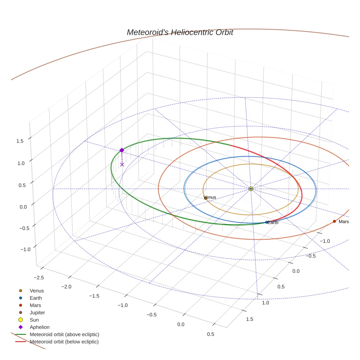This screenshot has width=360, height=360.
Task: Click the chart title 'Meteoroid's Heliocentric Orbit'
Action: pos(180,32)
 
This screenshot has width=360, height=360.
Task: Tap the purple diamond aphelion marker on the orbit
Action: pos(122,150)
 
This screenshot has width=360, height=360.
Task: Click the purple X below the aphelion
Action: pos(122,165)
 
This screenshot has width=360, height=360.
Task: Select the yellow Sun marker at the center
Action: pos(251,189)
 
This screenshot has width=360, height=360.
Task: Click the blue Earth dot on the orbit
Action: pos(266,222)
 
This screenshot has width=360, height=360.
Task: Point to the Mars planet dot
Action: pos(334,221)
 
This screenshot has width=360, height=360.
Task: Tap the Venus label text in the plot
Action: pos(210,197)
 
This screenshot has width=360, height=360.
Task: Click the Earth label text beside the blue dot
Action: pos(273,222)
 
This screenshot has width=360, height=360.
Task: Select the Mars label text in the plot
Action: pos(344,222)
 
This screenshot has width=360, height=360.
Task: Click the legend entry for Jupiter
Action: pos(37,313)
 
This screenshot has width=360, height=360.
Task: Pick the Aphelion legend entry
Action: pos(40,327)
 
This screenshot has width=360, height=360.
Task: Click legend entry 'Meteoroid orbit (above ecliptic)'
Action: pos(64,334)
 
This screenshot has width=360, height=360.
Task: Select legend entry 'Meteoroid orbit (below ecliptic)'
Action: pos(64,342)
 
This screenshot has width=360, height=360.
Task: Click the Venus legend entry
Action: pos(37,291)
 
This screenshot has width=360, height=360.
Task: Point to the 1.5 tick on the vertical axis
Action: pos(20,141)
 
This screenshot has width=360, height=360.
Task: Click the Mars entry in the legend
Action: pos(35,305)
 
